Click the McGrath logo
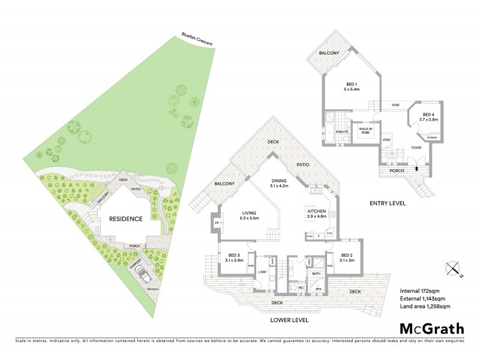(x=432, y=328)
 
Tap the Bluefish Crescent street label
(x=200, y=41)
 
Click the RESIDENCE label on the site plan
(x=125, y=219)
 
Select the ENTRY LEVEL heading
(x=388, y=203)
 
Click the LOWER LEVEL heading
(x=289, y=320)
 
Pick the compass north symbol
(x=453, y=268)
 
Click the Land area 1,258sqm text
(x=424, y=306)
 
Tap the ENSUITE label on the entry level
(x=341, y=131)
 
